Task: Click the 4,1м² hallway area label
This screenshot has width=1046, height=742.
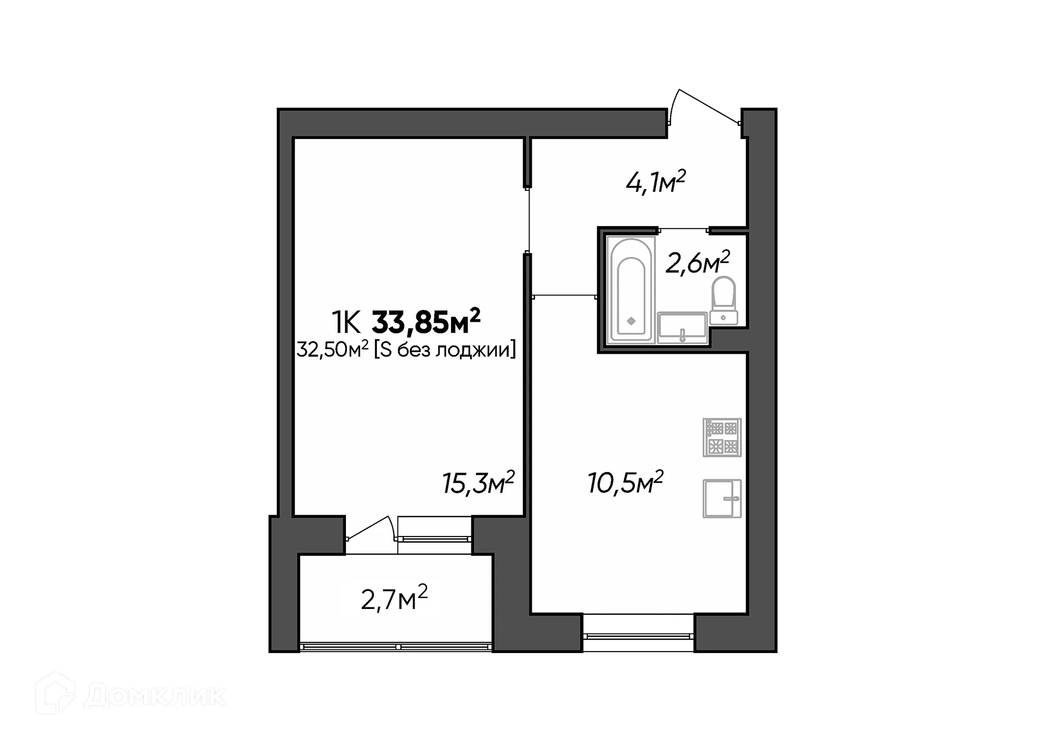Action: point(655,183)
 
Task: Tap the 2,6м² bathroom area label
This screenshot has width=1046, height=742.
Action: point(697,263)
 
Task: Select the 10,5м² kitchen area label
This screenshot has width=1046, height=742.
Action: point(625,482)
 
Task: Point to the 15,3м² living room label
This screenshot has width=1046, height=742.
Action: point(478,483)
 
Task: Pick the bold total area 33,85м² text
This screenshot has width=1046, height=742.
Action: point(425,323)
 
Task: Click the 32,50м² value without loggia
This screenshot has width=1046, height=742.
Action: point(332,349)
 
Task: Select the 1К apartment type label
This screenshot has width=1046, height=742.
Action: point(346,323)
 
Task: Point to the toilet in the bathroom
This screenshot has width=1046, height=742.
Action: point(723,301)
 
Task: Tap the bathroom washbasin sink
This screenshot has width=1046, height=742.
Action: point(682,327)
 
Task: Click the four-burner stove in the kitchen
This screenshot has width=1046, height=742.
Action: point(722,437)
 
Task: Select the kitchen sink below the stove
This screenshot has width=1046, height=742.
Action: point(722,498)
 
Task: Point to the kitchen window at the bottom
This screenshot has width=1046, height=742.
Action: point(638,635)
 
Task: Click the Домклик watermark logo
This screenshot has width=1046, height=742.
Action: point(131,695)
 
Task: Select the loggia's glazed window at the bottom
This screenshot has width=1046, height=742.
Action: point(396,647)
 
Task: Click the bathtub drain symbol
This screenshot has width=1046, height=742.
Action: point(631,321)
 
